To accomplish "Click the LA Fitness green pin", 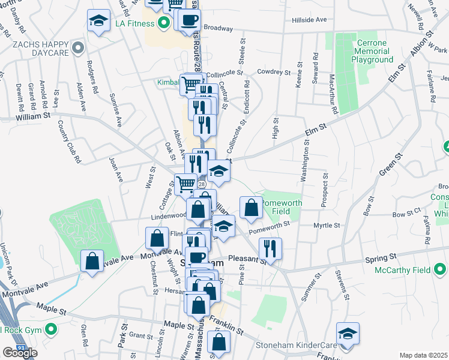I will click(x=163, y=25).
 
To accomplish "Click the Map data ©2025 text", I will click(x=423, y=355).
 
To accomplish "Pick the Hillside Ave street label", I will click(x=309, y=20).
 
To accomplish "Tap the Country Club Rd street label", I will click(x=69, y=142).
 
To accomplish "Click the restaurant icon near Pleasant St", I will click(x=270, y=248).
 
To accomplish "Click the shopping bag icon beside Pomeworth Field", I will click(x=250, y=208).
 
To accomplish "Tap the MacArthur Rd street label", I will click(x=334, y=93).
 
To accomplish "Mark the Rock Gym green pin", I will click(x=52, y=329).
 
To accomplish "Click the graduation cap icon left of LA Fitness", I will click(x=98, y=21).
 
